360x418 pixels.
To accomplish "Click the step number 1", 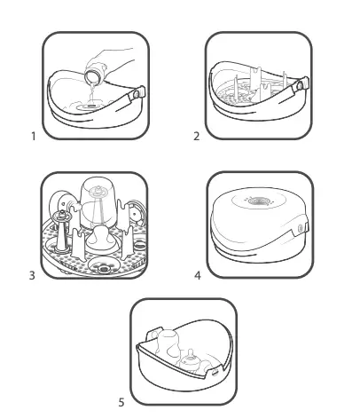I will point(33,137).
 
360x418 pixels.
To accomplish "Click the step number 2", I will point(196,137).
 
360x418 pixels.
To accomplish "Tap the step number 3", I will point(33,275).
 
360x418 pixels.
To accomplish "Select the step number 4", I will point(197,275).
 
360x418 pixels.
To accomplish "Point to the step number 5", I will point(121,402).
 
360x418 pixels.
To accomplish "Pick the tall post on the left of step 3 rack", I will point(63,231).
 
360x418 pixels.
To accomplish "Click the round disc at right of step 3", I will point(133,216).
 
